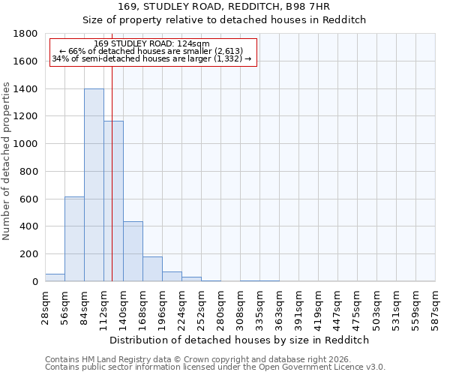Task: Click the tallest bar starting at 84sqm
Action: pos(94,185)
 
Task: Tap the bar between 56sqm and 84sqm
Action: pos(74,238)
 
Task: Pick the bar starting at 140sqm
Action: pos(133,251)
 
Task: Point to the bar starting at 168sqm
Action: pos(152,268)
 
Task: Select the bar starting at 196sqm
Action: pos(172,276)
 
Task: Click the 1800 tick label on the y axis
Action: pos(26,34)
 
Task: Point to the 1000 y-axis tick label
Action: pos(26,144)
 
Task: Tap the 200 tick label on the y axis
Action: pos(29,254)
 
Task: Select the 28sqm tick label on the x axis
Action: pos(45,305)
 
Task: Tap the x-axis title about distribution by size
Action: pos(240,340)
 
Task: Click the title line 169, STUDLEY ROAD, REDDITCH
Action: pos(240,7)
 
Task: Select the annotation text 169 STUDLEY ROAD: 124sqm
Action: pos(152,44)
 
